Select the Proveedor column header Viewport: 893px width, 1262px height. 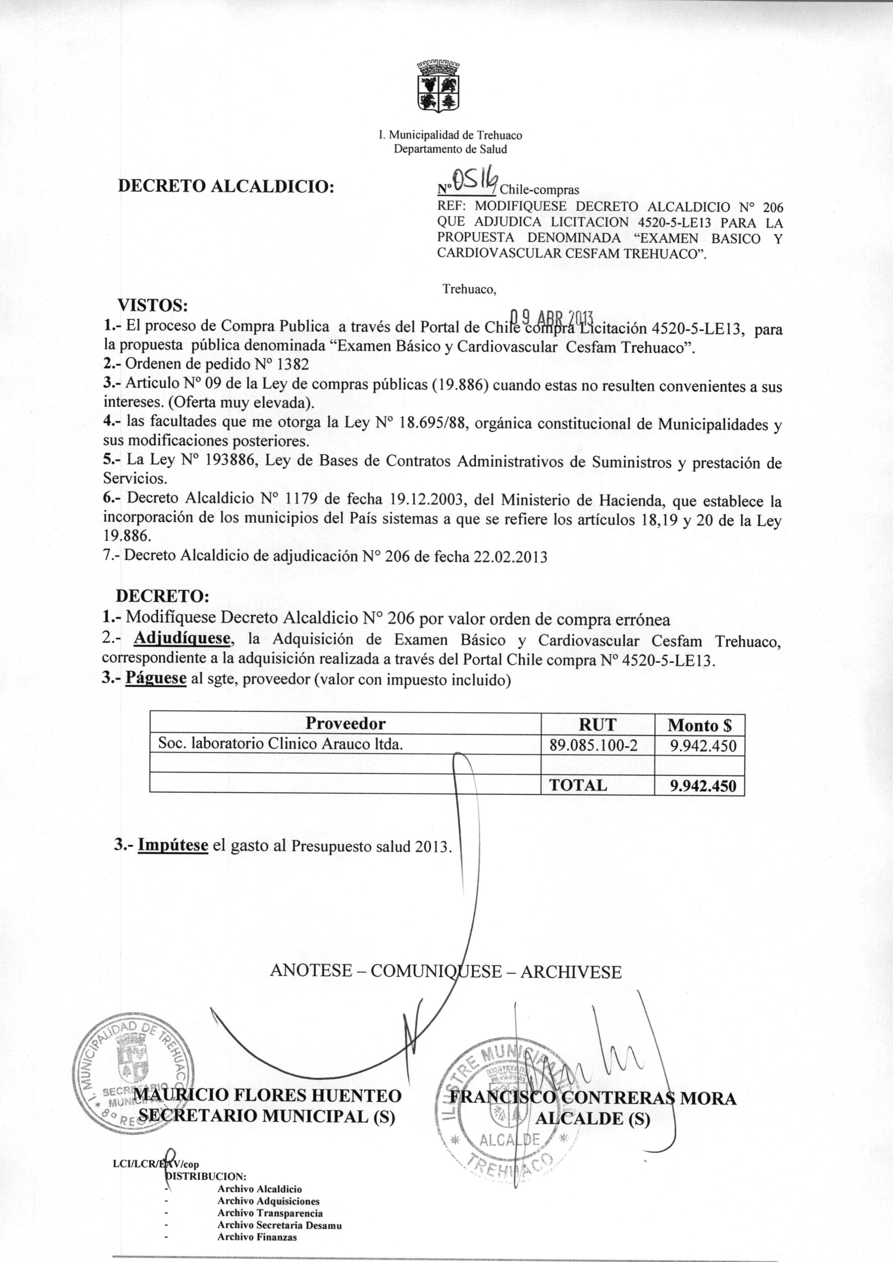click(345, 723)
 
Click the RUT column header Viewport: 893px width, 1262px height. click(598, 724)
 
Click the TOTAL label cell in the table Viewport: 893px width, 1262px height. click(578, 785)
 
